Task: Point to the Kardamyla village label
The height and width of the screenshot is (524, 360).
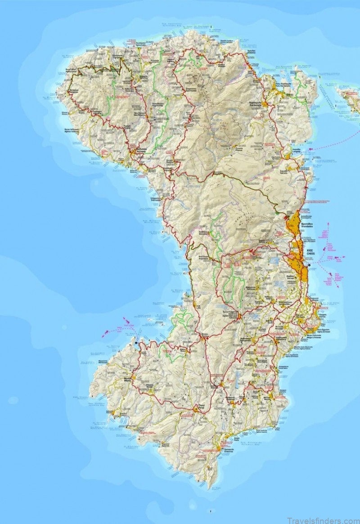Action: coord(256,103)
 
